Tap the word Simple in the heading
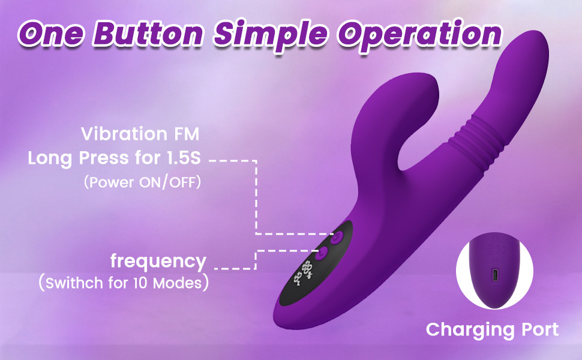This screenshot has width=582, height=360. tap(271, 35)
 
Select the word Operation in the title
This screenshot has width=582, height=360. tap(419, 35)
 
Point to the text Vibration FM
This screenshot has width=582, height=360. tap(140, 134)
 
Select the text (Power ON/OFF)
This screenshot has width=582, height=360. tap(143, 182)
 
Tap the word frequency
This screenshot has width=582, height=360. tap(158, 261)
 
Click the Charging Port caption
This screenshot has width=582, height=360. tap(492, 329)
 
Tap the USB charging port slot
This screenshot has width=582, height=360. tap(495, 276)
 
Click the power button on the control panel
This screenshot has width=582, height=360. tap(337, 237)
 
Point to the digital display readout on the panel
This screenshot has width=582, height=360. tap(303, 272)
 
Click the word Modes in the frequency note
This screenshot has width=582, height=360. tap(176, 283)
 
